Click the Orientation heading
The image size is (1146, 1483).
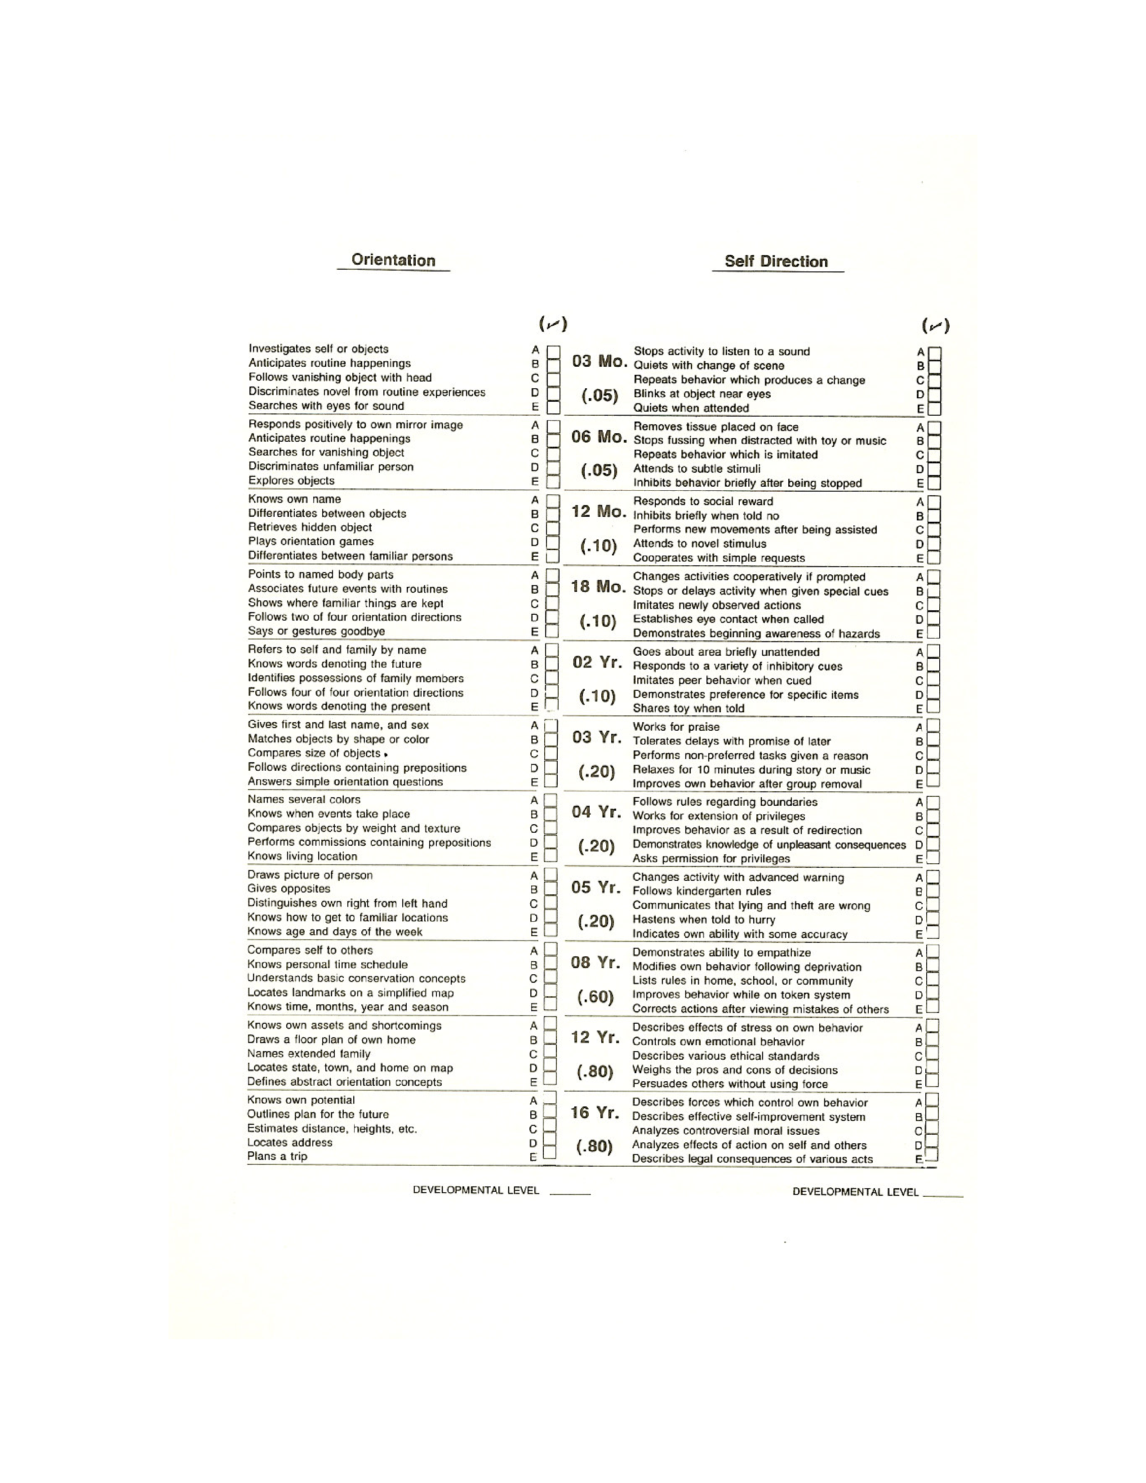point(393,260)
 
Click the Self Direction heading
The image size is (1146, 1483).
point(776,262)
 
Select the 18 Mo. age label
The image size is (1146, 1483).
point(597,586)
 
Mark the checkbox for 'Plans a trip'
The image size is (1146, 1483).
point(550,1156)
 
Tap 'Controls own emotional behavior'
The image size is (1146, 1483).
point(718,1042)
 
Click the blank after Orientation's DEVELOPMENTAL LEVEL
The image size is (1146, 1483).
point(569,1191)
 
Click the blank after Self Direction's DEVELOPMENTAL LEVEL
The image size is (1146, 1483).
point(942,1192)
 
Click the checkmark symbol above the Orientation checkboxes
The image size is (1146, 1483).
point(553,324)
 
